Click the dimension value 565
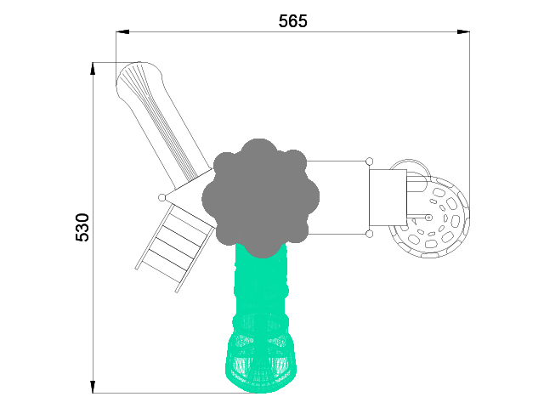tap(292, 21)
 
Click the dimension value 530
tap(82, 227)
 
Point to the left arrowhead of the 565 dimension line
tap(122, 32)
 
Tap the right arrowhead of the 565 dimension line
tap(463, 32)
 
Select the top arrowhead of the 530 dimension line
tap(93, 68)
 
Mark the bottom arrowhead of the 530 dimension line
tap(93, 387)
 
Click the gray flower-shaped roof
tap(261, 198)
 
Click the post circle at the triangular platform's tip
tap(161, 198)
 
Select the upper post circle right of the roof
tap(370, 161)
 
